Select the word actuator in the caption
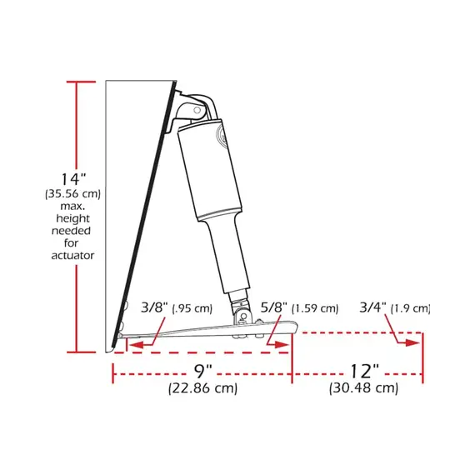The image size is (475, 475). pos(72,256)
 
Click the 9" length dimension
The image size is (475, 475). pos(202,369)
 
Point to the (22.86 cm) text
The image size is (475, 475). pos(202,387)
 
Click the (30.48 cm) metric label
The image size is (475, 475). pos(363,387)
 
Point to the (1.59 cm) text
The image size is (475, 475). pos(316,309)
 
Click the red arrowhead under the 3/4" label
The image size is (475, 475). pos(412,341)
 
